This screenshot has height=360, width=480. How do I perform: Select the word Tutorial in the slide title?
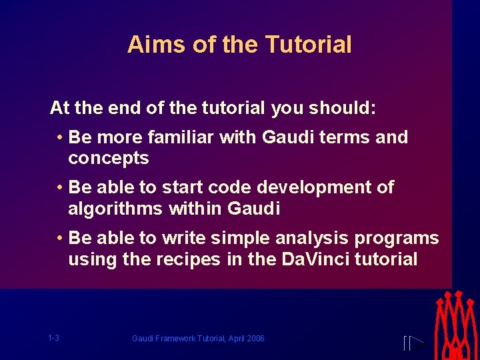308,45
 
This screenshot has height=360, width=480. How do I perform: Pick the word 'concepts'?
108,159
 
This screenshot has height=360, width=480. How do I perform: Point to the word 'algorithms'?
115,209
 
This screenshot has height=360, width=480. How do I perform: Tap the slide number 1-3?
54,338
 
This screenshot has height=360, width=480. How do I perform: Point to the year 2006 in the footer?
255,339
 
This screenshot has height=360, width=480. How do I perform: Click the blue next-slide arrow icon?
413,343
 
